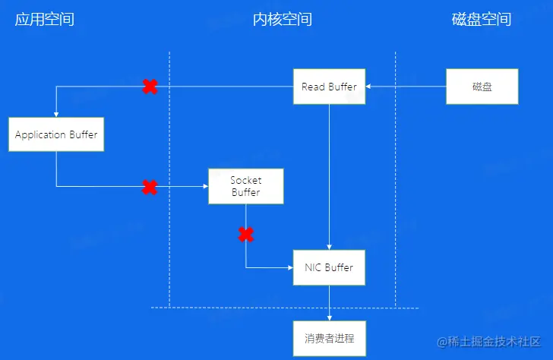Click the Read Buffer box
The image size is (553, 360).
tap(329, 87)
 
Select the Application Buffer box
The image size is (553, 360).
tap(56, 134)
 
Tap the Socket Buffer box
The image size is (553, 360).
tap(245, 186)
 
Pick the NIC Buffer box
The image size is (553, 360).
tap(329, 267)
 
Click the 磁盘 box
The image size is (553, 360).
tap(482, 87)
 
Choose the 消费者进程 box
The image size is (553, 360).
tap(329, 338)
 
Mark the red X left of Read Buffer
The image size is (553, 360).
tap(150, 87)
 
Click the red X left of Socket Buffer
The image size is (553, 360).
tap(150, 186)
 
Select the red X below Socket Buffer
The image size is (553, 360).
tap(246, 235)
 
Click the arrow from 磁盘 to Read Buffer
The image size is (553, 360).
tap(406, 87)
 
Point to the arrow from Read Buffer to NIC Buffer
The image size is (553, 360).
tap(329, 175)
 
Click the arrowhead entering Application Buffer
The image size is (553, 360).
tap(56, 113)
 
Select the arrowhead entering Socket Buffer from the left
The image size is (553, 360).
tap(204, 186)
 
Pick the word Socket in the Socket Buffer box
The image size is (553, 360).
tap(245, 180)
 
